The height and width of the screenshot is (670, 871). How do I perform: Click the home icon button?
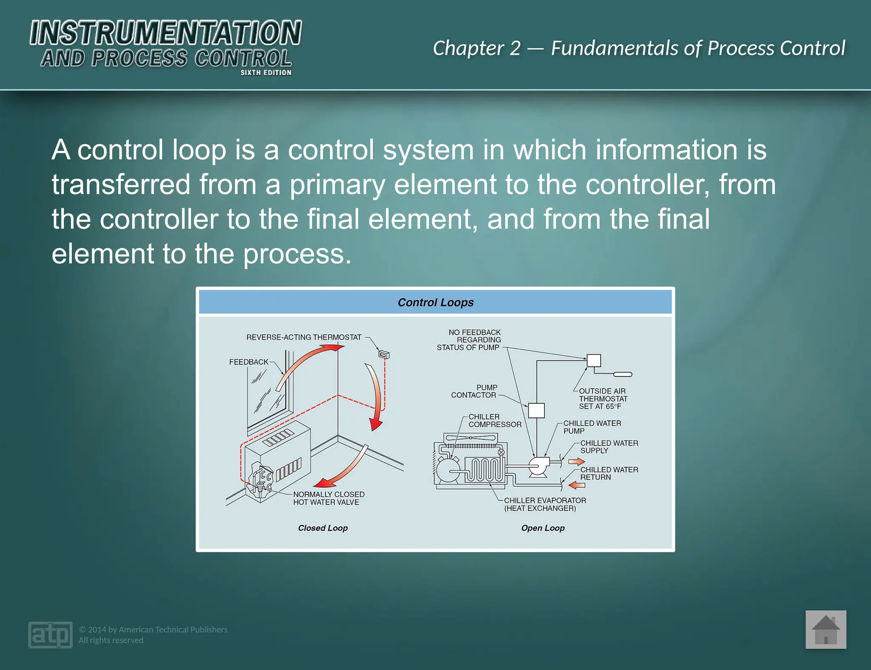click(x=825, y=630)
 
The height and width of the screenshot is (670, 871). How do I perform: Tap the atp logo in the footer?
click(x=50, y=635)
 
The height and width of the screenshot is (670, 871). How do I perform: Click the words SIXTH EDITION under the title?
click(x=266, y=73)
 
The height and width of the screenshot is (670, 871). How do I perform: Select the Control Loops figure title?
click(x=435, y=302)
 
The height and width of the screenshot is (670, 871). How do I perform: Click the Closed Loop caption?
click(x=323, y=528)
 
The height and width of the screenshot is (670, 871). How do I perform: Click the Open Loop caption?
click(x=543, y=528)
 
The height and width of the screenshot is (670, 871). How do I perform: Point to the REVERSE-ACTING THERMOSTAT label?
click(x=304, y=337)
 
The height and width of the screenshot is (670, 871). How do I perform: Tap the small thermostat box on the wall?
click(x=384, y=354)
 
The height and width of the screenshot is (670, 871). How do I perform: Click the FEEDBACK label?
click(x=249, y=362)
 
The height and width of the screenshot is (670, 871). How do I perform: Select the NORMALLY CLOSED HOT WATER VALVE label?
click(x=328, y=498)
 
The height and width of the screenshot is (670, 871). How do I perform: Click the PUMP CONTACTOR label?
click(x=474, y=391)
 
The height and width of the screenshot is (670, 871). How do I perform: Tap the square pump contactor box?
click(x=536, y=410)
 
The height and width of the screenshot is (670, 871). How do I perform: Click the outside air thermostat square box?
click(x=594, y=361)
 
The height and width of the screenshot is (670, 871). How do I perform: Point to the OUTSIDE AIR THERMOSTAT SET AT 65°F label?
click(x=603, y=399)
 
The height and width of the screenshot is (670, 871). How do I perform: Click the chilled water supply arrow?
click(x=577, y=461)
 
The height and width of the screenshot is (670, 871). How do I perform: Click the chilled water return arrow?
click(x=577, y=485)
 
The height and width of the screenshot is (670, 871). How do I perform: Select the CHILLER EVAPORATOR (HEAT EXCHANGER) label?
click(x=544, y=504)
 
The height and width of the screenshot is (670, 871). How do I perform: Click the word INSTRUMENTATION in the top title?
click(x=165, y=33)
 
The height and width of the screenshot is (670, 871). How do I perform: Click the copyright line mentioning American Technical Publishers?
click(x=153, y=630)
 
